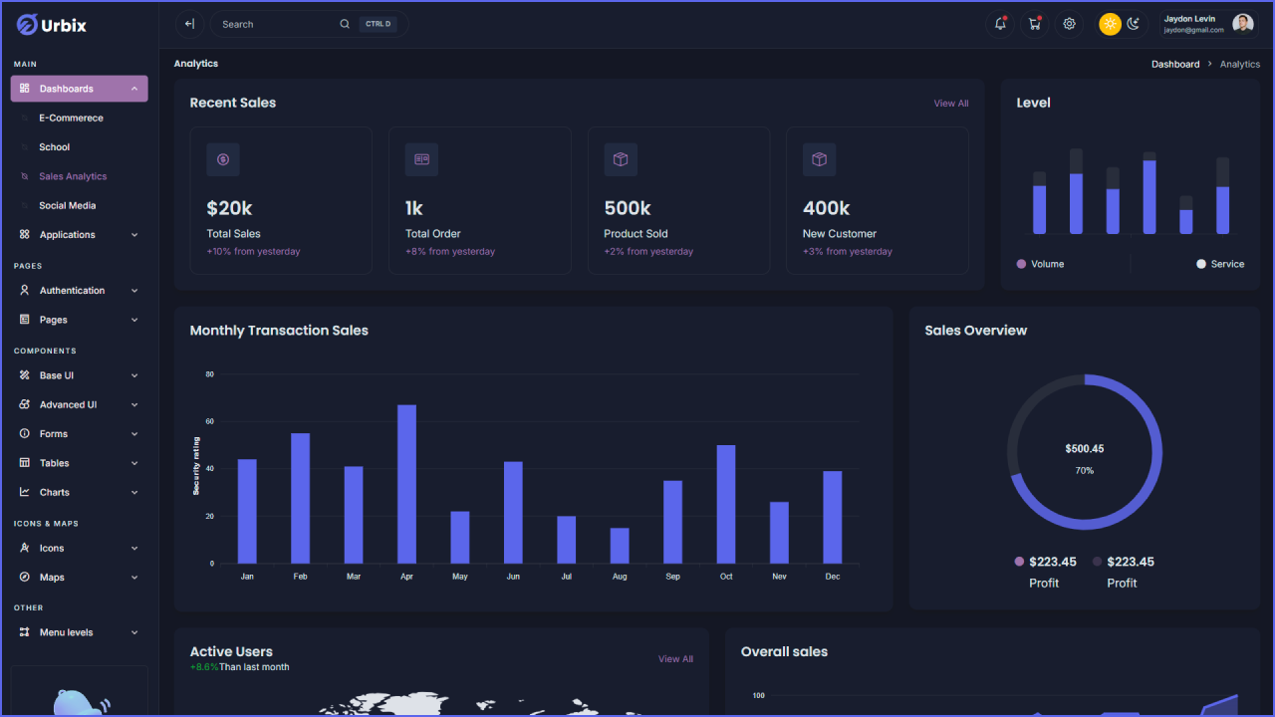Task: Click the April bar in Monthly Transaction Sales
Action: tap(406, 484)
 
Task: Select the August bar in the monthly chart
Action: tap(620, 546)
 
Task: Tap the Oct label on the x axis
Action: tap(726, 577)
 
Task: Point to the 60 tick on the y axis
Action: tap(210, 421)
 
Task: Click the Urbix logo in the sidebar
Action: tap(52, 25)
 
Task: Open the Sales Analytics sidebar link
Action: tap(73, 176)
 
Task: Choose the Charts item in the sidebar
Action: tap(55, 492)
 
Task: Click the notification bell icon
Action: tap(1000, 24)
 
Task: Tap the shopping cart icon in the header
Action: tap(1035, 24)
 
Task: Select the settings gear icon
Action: tap(1069, 24)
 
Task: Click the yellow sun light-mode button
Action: tap(1110, 24)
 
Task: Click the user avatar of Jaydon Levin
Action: tap(1242, 24)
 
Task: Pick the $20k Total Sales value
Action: tap(229, 208)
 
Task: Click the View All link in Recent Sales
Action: tap(950, 104)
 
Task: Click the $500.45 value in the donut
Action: tap(1084, 449)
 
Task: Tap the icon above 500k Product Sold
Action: tap(621, 159)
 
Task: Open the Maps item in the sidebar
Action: tap(52, 578)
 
